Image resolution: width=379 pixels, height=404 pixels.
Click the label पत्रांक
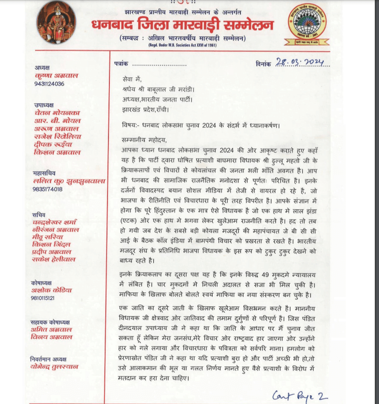click(120, 64)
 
